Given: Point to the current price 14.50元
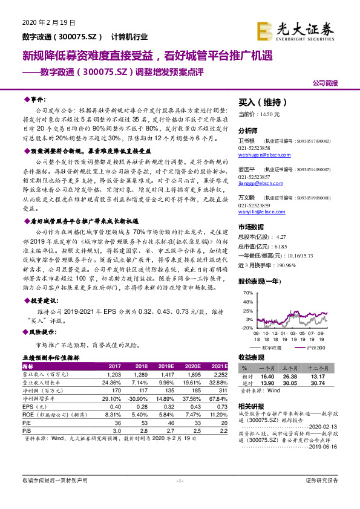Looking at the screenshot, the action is coord(259,114).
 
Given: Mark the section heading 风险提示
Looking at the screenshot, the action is coord(41,331).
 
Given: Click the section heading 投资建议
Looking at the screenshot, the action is coord(41,300).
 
